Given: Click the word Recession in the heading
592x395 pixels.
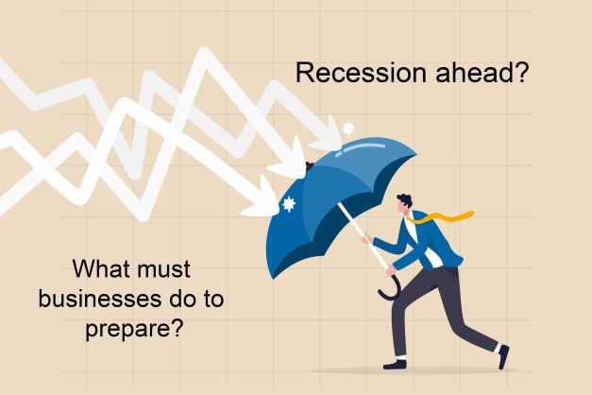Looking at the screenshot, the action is click(x=362, y=73).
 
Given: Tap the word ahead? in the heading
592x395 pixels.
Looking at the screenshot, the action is click(x=482, y=73).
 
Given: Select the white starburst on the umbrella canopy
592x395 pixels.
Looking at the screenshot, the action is click(x=289, y=204).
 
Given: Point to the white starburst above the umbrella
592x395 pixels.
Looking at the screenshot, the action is click(x=348, y=129).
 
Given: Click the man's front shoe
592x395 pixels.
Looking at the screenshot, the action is click(x=395, y=365).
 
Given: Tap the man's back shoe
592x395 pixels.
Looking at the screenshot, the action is click(x=503, y=356).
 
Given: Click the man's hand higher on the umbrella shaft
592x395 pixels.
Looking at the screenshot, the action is click(x=366, y=238).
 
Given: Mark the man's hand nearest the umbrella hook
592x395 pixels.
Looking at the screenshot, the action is click(x=391, y=269).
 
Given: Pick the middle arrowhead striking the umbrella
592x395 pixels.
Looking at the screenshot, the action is click(x=290, y=161).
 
